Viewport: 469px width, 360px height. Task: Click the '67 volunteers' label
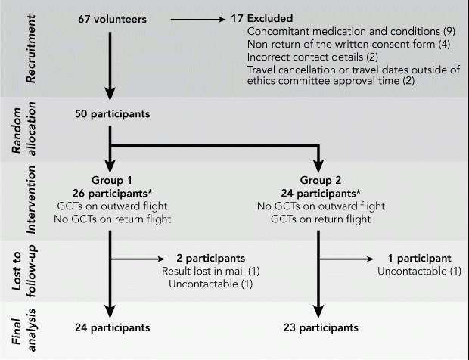[112, 19]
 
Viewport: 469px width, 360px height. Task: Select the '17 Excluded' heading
[262, 18]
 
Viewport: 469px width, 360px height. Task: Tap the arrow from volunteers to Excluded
[197, 20]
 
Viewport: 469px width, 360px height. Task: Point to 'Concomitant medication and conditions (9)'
[351, 32]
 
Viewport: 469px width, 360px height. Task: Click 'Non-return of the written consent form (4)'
[349, 45]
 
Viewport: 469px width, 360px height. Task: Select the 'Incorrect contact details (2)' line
[312, 57]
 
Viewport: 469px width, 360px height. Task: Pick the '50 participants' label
[113, 114]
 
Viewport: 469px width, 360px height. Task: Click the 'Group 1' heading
[111, 180]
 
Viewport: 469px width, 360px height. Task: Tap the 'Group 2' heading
[320, 180]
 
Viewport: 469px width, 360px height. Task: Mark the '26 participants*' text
[112, 193]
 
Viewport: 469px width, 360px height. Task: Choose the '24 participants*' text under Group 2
[321, 193]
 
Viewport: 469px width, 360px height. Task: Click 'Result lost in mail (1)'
[210, 271]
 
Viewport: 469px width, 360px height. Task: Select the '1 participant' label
[419, 258]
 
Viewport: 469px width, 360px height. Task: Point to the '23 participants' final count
[321, 327]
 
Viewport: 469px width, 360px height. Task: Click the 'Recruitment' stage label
[30, 48]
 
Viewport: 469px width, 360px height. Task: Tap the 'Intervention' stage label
[30, 200]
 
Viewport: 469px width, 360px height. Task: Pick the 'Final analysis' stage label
[23, 330]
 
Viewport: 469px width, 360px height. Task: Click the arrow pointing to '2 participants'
[138, 259]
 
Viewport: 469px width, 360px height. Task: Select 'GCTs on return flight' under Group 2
[321, 219]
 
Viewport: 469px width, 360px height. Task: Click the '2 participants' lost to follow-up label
[210, 258]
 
